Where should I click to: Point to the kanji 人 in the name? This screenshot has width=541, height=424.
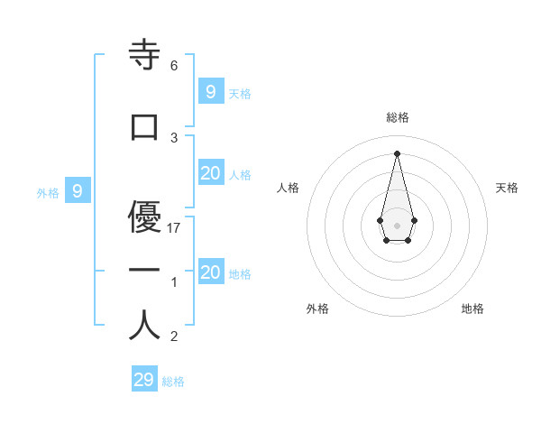(144, 325)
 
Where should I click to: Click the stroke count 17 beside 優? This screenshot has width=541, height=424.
(175, 228)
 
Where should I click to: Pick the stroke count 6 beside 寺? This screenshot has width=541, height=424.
(174, 66)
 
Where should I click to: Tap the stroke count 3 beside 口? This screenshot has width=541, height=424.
(174, 138)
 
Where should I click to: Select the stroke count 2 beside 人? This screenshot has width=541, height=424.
(174, 337)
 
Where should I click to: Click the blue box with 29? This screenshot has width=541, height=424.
(143, 380)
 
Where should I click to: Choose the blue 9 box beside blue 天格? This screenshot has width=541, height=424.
(210, 91)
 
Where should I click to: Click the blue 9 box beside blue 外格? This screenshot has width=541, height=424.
(78, 191)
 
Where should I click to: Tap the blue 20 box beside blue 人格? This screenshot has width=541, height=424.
(210, 173)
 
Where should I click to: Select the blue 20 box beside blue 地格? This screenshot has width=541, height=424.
(210, 272)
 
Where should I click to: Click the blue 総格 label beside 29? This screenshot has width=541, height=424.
(174, 382)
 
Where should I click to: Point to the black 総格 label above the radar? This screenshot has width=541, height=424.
(397, 117)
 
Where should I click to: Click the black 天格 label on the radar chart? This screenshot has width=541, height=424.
(507, 188)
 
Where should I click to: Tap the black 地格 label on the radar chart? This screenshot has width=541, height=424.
(472, 309)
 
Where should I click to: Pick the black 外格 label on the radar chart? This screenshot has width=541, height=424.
(317, 309)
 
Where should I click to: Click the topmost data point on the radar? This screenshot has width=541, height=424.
(397, 152)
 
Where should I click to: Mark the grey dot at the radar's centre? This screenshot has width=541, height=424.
(397, 225)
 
